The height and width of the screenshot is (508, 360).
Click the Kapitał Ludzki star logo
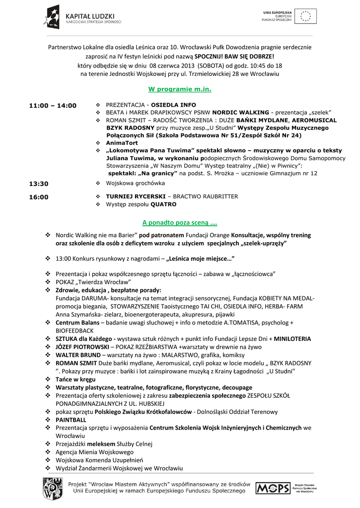[x=51, y=16]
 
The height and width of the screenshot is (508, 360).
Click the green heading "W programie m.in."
[x=180, y=89]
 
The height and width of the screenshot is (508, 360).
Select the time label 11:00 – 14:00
[x=53, y=106]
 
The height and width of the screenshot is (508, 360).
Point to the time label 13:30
[x=39, y=184]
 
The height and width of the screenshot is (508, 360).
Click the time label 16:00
[x=39, y=197]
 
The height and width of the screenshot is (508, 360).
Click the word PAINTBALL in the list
[x=71, y=419]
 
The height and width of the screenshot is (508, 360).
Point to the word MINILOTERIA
[x=289, y=339]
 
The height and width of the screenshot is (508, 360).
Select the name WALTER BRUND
[x=76, y=355]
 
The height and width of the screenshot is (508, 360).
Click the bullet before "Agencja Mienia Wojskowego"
[x=48, y=452]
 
